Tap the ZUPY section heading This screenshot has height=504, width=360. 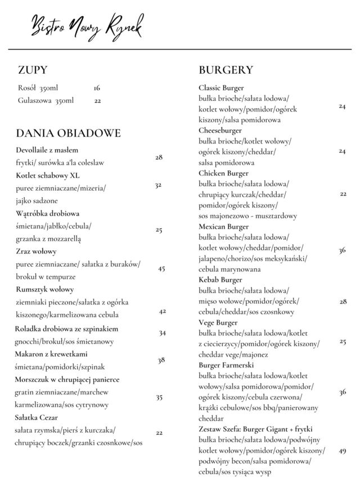[x=32, y=70]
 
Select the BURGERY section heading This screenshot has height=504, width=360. [x=226, y=70]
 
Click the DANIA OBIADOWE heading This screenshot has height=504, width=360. [x=68, y=133]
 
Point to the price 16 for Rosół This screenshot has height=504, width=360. [x=97, y=88]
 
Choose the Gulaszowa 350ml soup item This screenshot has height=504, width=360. [x=46, y=101]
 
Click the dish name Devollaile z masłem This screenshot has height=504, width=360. [x=47, y=150]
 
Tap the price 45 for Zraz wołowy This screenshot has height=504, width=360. [x=161, y=269]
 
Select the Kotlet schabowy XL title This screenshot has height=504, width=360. [x=44, y=175]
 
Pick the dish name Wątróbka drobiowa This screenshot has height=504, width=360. [x=47, y=213]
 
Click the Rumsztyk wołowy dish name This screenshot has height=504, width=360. [x=44, y=289]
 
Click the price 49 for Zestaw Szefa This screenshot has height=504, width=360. [x=343, y=451]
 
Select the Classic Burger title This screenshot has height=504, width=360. [x=221, y=88]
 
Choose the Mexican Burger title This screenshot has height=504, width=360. [x=223, y=226]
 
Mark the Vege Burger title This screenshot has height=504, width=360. [x=218, y=322]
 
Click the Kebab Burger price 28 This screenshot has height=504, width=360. [x=343, y=301]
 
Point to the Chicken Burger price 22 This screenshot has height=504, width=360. [x=343, y=194]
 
